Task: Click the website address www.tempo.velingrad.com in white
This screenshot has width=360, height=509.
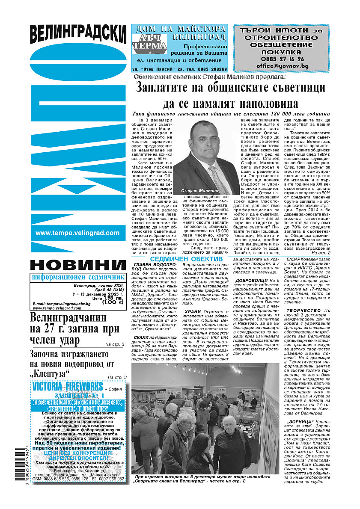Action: [x=77, y=233]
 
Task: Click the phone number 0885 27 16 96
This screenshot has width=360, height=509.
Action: [x=280, y=59]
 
